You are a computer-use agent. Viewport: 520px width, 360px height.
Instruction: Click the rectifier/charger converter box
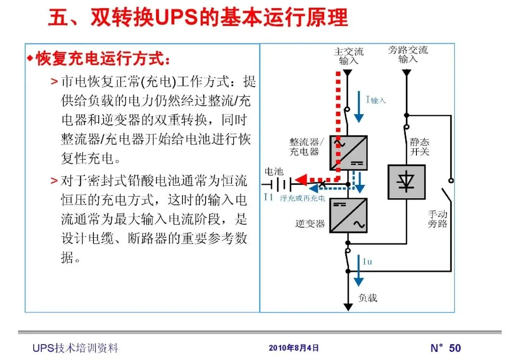point(349,153)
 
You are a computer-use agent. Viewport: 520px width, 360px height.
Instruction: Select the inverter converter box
point(349,216)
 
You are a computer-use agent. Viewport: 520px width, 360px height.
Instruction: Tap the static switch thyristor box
point(406,182)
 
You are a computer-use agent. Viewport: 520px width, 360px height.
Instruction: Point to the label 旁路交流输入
point(408,54)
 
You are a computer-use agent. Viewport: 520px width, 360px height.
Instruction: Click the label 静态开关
point(419,147)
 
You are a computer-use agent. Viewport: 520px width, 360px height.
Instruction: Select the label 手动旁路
point(438,219)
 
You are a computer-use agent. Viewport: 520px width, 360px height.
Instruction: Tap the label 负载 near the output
point(368,298)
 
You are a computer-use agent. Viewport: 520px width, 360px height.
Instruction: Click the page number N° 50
point(445,348)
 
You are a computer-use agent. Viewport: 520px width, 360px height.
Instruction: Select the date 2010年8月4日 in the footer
point(294,348)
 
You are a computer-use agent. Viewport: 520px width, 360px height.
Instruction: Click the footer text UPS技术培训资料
point(76,348)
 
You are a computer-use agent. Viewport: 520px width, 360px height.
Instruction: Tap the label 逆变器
point(310,224)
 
